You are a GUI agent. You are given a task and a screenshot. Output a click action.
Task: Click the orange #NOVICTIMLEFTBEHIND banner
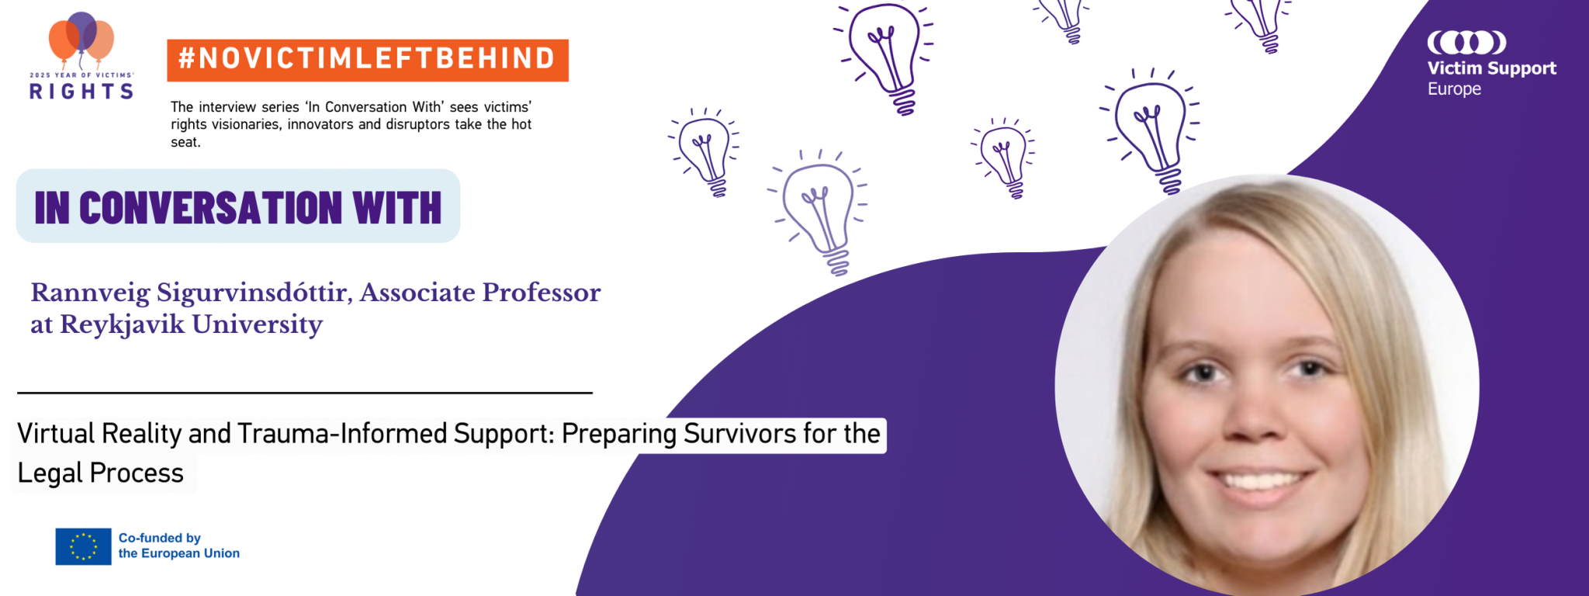(x=368, y=60)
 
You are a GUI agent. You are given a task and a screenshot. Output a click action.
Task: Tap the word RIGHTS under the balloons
(x=81, y=92)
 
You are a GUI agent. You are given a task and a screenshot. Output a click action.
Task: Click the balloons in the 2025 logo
(x=81, y=40)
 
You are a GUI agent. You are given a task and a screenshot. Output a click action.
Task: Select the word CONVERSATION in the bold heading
(x=210, y=208)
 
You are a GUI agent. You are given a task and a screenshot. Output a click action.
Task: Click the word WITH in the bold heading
(x=397, y=208)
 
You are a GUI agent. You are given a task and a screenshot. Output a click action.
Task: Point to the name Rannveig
(x=90, y=293)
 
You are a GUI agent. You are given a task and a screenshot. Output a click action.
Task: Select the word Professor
(x=542, y=293)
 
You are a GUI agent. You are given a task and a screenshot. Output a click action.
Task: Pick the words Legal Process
(x=101, y=473)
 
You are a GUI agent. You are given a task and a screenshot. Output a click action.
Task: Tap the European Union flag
(x=83, y=546)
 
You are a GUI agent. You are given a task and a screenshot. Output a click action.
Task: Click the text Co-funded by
(x=160, y=538)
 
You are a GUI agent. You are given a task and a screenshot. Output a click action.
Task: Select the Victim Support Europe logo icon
(x=1466, y=42)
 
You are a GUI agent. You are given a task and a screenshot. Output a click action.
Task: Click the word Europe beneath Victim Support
(x=1455, y=89)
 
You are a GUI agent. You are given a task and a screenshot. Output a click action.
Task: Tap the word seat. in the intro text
(x=185, y=142)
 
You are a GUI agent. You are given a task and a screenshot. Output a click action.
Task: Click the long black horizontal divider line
(x=305, y=393)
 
